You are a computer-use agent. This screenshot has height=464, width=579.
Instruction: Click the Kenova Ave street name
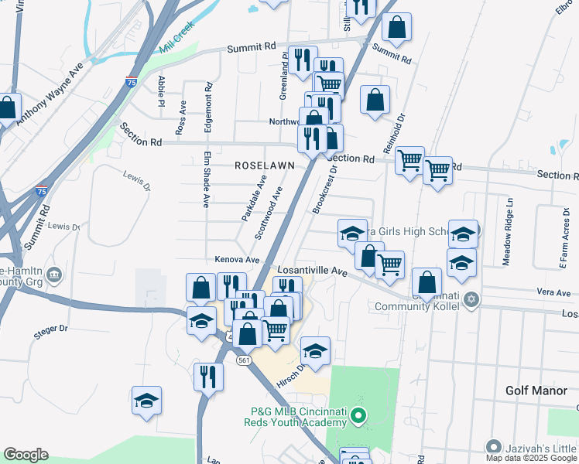236,260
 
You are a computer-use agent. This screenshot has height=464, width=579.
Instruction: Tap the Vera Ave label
553,293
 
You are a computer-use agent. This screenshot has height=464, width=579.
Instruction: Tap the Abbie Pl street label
162,90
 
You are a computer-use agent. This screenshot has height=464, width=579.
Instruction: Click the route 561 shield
245,360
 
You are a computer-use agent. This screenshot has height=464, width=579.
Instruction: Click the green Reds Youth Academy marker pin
357,417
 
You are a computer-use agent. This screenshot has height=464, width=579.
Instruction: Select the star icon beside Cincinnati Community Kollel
471,299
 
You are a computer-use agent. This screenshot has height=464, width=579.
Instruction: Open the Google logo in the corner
26,455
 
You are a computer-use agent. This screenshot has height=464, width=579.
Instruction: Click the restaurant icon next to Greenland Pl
301,59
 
